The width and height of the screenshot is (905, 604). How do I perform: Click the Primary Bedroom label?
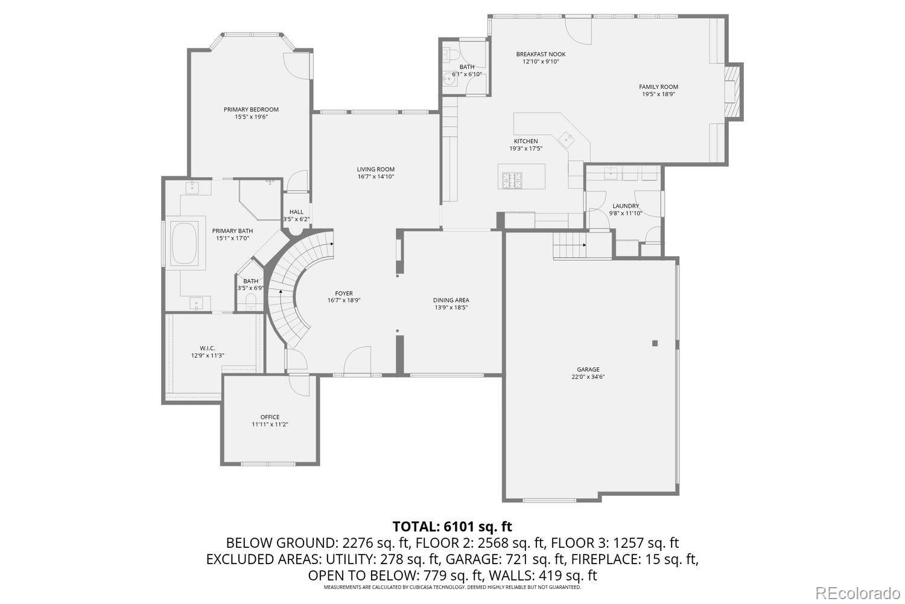pyautogui.click(x=251, y=109)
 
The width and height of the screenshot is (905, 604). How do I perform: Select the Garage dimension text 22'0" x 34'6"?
pyautogui.click(x=588, y=377)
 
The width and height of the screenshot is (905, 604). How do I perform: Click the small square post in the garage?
pyautogui.click(x=655, y=344)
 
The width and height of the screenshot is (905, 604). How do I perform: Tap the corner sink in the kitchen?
pyautogui.click(x=567, y=139)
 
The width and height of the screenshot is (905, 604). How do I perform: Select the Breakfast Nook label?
pyautogui.click(x=541, y=54)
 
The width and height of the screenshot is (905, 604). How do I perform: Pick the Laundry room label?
pyautogui.click(x=625, y=206)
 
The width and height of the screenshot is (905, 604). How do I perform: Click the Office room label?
pyautogui.click(x=270, y=417)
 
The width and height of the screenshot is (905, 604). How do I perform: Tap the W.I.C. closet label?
pyautogui.click(x=208, y=348)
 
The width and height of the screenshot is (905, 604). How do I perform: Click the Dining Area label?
pyautogui.click(x=451, y=300)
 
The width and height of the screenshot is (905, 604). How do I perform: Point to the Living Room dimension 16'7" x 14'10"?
pyautogui.click(x=375, y=177)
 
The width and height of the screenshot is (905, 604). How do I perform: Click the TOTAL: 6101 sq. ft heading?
pyautogui.click(x=452, y=526)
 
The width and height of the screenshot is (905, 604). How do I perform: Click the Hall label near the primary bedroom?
pyautogui.click(x=296, y=211)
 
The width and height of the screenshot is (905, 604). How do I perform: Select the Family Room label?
pyautogui.click(x=658, y=86)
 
